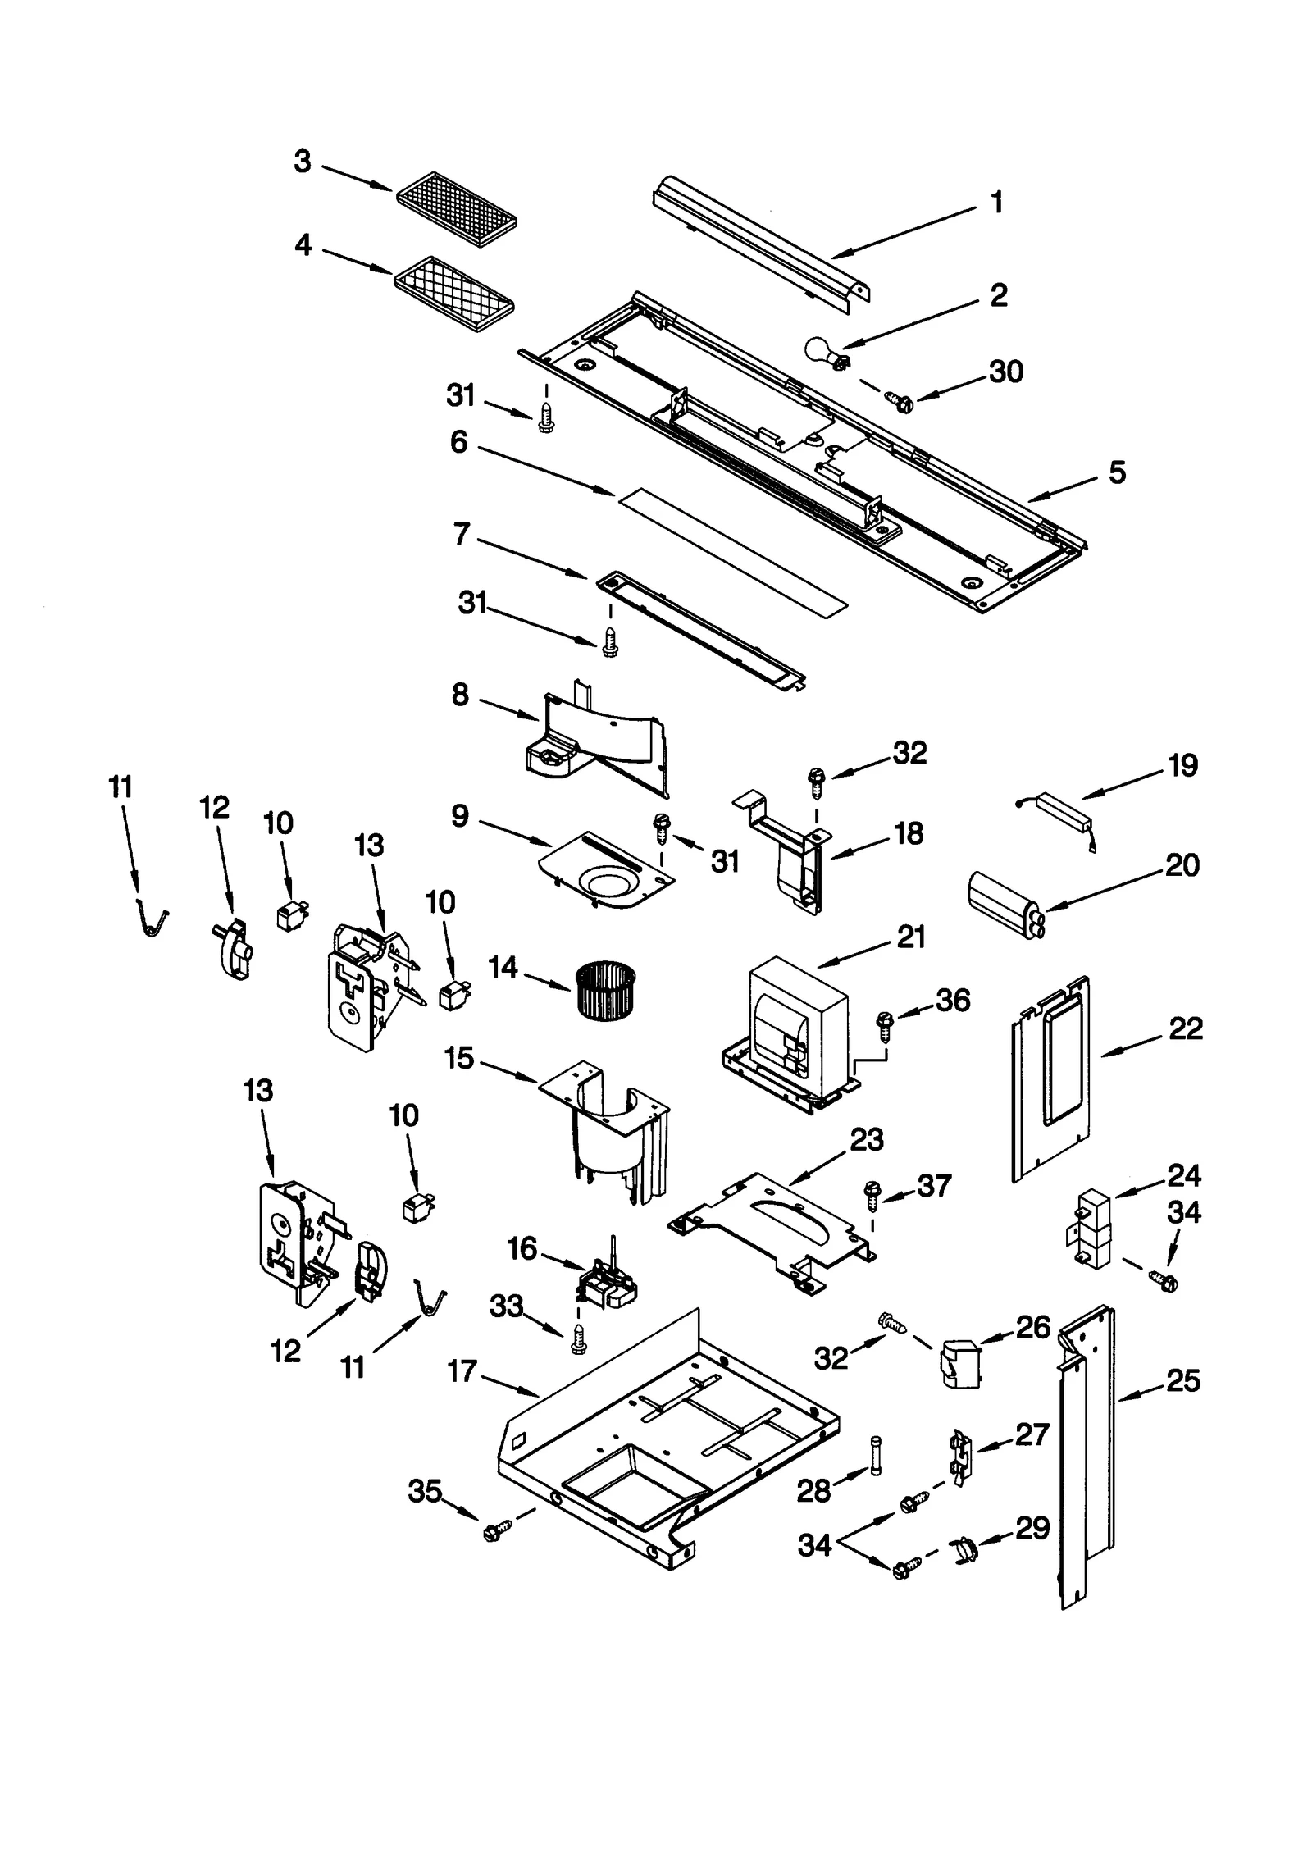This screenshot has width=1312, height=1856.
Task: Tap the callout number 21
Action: [911, 937]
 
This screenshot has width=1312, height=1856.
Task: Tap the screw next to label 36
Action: [885, 1022]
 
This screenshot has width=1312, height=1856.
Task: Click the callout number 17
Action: [462, 1370]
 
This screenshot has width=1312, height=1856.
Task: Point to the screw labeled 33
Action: [580, 1338]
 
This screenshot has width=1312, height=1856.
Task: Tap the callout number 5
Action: [1118, 473]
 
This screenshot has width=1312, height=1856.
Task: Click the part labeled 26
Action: [960, 1364]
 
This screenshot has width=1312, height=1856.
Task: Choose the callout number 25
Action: [1183, 1381]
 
